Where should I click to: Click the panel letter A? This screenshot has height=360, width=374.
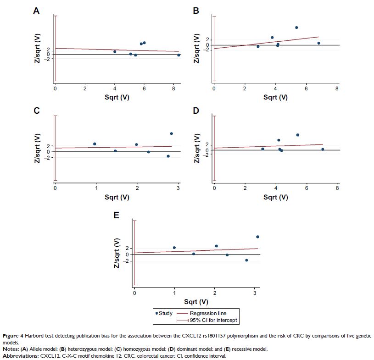[36, 11]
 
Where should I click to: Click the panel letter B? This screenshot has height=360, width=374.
[195, 11]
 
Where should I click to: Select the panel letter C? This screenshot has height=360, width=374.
[36, 111]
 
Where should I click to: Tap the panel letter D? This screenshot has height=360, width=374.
[195, 111]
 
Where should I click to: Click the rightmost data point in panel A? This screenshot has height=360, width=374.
[179, 55]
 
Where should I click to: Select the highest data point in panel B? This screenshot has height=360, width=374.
[296, 28]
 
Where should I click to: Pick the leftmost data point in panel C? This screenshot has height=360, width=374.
[95, 144]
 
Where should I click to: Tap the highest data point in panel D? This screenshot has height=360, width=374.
[297, 135]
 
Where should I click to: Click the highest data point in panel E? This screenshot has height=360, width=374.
[257, 237]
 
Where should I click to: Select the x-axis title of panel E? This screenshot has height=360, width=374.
[196, 302]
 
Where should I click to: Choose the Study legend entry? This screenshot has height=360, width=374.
[165, 314]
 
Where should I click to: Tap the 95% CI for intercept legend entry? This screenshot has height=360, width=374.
[214, 320]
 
